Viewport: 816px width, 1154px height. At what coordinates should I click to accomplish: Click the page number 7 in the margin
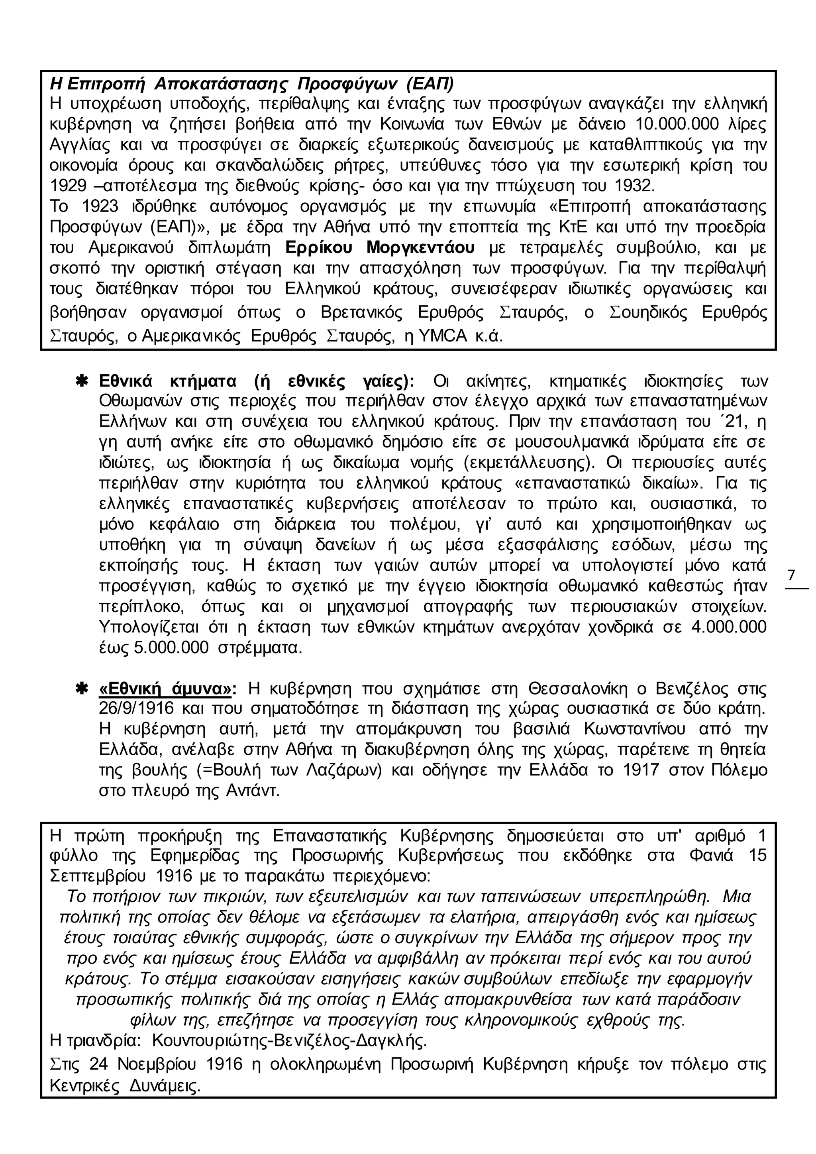pos(791,575)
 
